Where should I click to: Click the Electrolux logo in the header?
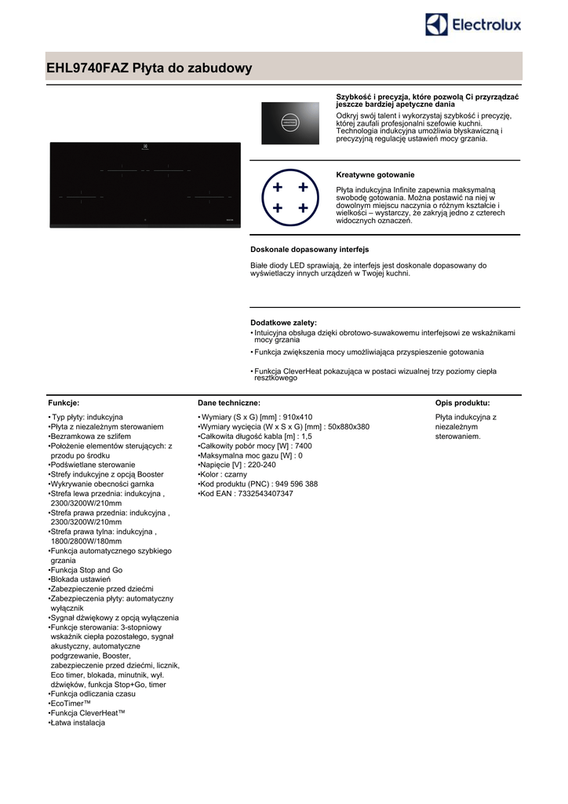(473, 25)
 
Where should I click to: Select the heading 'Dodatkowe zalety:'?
(283, 323)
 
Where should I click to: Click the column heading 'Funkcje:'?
(64, 401)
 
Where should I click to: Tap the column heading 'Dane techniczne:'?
(229, 401)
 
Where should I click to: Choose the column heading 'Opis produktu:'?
(463, 401)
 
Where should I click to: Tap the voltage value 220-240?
(261, 465)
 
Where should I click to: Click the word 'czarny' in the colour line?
(235, 475)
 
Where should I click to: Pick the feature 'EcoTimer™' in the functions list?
(71, 704)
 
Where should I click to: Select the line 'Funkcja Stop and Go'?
(87, 570)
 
